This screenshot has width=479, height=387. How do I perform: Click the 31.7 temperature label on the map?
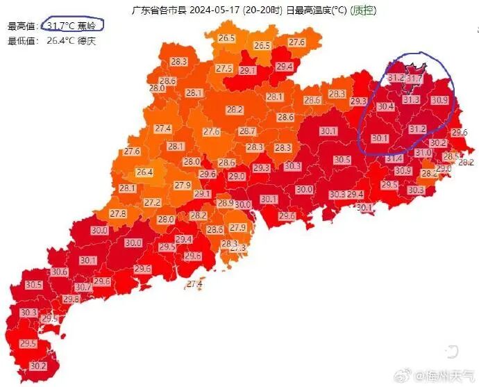click(x=414, y=80)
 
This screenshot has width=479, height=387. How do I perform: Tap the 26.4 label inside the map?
click(x=144, y=172)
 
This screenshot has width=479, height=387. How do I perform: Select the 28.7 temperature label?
click(x=247, y=131)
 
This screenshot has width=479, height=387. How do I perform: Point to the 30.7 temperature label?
click(x=83, y=287)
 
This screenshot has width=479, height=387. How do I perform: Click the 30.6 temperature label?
click(x=60, y=272)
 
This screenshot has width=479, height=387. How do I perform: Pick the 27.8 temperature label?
click(x=118, y=213)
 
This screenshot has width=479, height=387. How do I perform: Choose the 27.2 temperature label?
click(x=153, y=202)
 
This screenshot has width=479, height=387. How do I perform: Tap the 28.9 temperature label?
click(x=226, y=203)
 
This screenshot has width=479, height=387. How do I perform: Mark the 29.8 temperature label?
click(x=71, y=299)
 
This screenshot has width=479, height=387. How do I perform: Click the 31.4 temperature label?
click(x=394, y=158)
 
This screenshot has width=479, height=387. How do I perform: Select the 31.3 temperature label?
click(x=412, y=100)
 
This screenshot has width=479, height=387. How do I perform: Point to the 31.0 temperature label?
click(x=423, y=152)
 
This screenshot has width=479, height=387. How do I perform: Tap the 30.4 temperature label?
click(x=386, y=106)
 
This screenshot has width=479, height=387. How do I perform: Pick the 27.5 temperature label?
click(x=224, y=68)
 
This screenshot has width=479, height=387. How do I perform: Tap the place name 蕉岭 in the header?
click(x=87, y=26)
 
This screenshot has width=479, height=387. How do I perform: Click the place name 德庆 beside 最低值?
click(x=87, y=40)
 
